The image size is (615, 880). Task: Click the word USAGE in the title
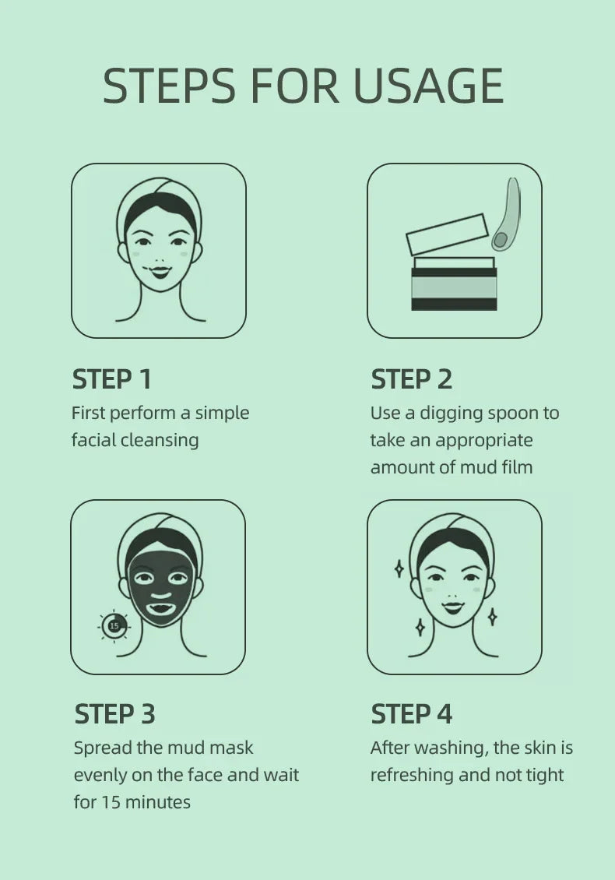tap(428, 86)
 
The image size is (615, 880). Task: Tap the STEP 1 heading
tap(111, 379)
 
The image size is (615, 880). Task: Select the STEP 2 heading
tap(411, 379)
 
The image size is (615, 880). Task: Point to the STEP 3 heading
tap(114, 713)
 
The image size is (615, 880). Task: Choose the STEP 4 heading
tap(411, 713)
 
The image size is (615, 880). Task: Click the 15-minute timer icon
tap(114, 625)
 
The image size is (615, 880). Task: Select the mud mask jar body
tap(453, 287)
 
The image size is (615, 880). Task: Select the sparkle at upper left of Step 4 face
tap(399, 568)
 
